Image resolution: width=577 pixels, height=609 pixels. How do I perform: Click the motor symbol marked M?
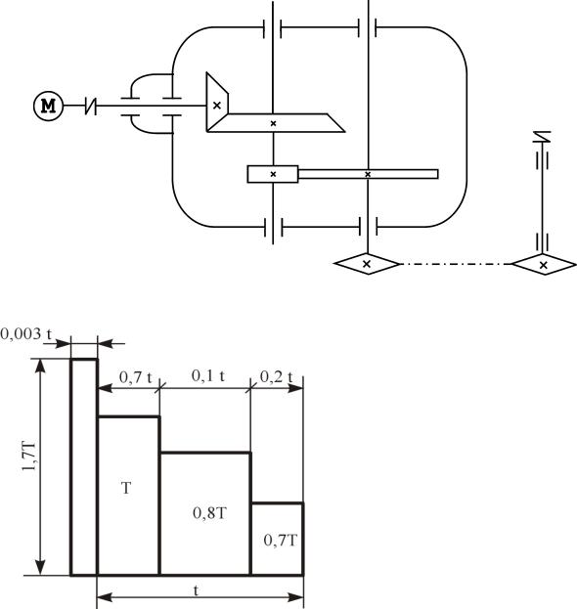[x=49, y=106]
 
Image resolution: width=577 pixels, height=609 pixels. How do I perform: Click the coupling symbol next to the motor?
[x=91, y=106]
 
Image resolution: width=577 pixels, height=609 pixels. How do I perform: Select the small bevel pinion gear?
[x=217, y=102]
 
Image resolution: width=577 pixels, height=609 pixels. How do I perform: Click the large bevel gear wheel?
[x=275, y=123]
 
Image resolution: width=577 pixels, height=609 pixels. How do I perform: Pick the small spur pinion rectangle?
[x=273, y=174]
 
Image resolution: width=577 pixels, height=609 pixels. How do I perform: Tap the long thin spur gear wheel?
[x=368, y=174]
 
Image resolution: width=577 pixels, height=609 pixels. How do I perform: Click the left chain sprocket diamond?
[x=367, y=264]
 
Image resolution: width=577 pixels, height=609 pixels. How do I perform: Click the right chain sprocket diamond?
[x=544, y=265]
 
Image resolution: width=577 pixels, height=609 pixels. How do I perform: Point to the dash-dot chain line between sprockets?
[x=455, y=264]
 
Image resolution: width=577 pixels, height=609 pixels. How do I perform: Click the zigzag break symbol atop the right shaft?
[x=543, y=137]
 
